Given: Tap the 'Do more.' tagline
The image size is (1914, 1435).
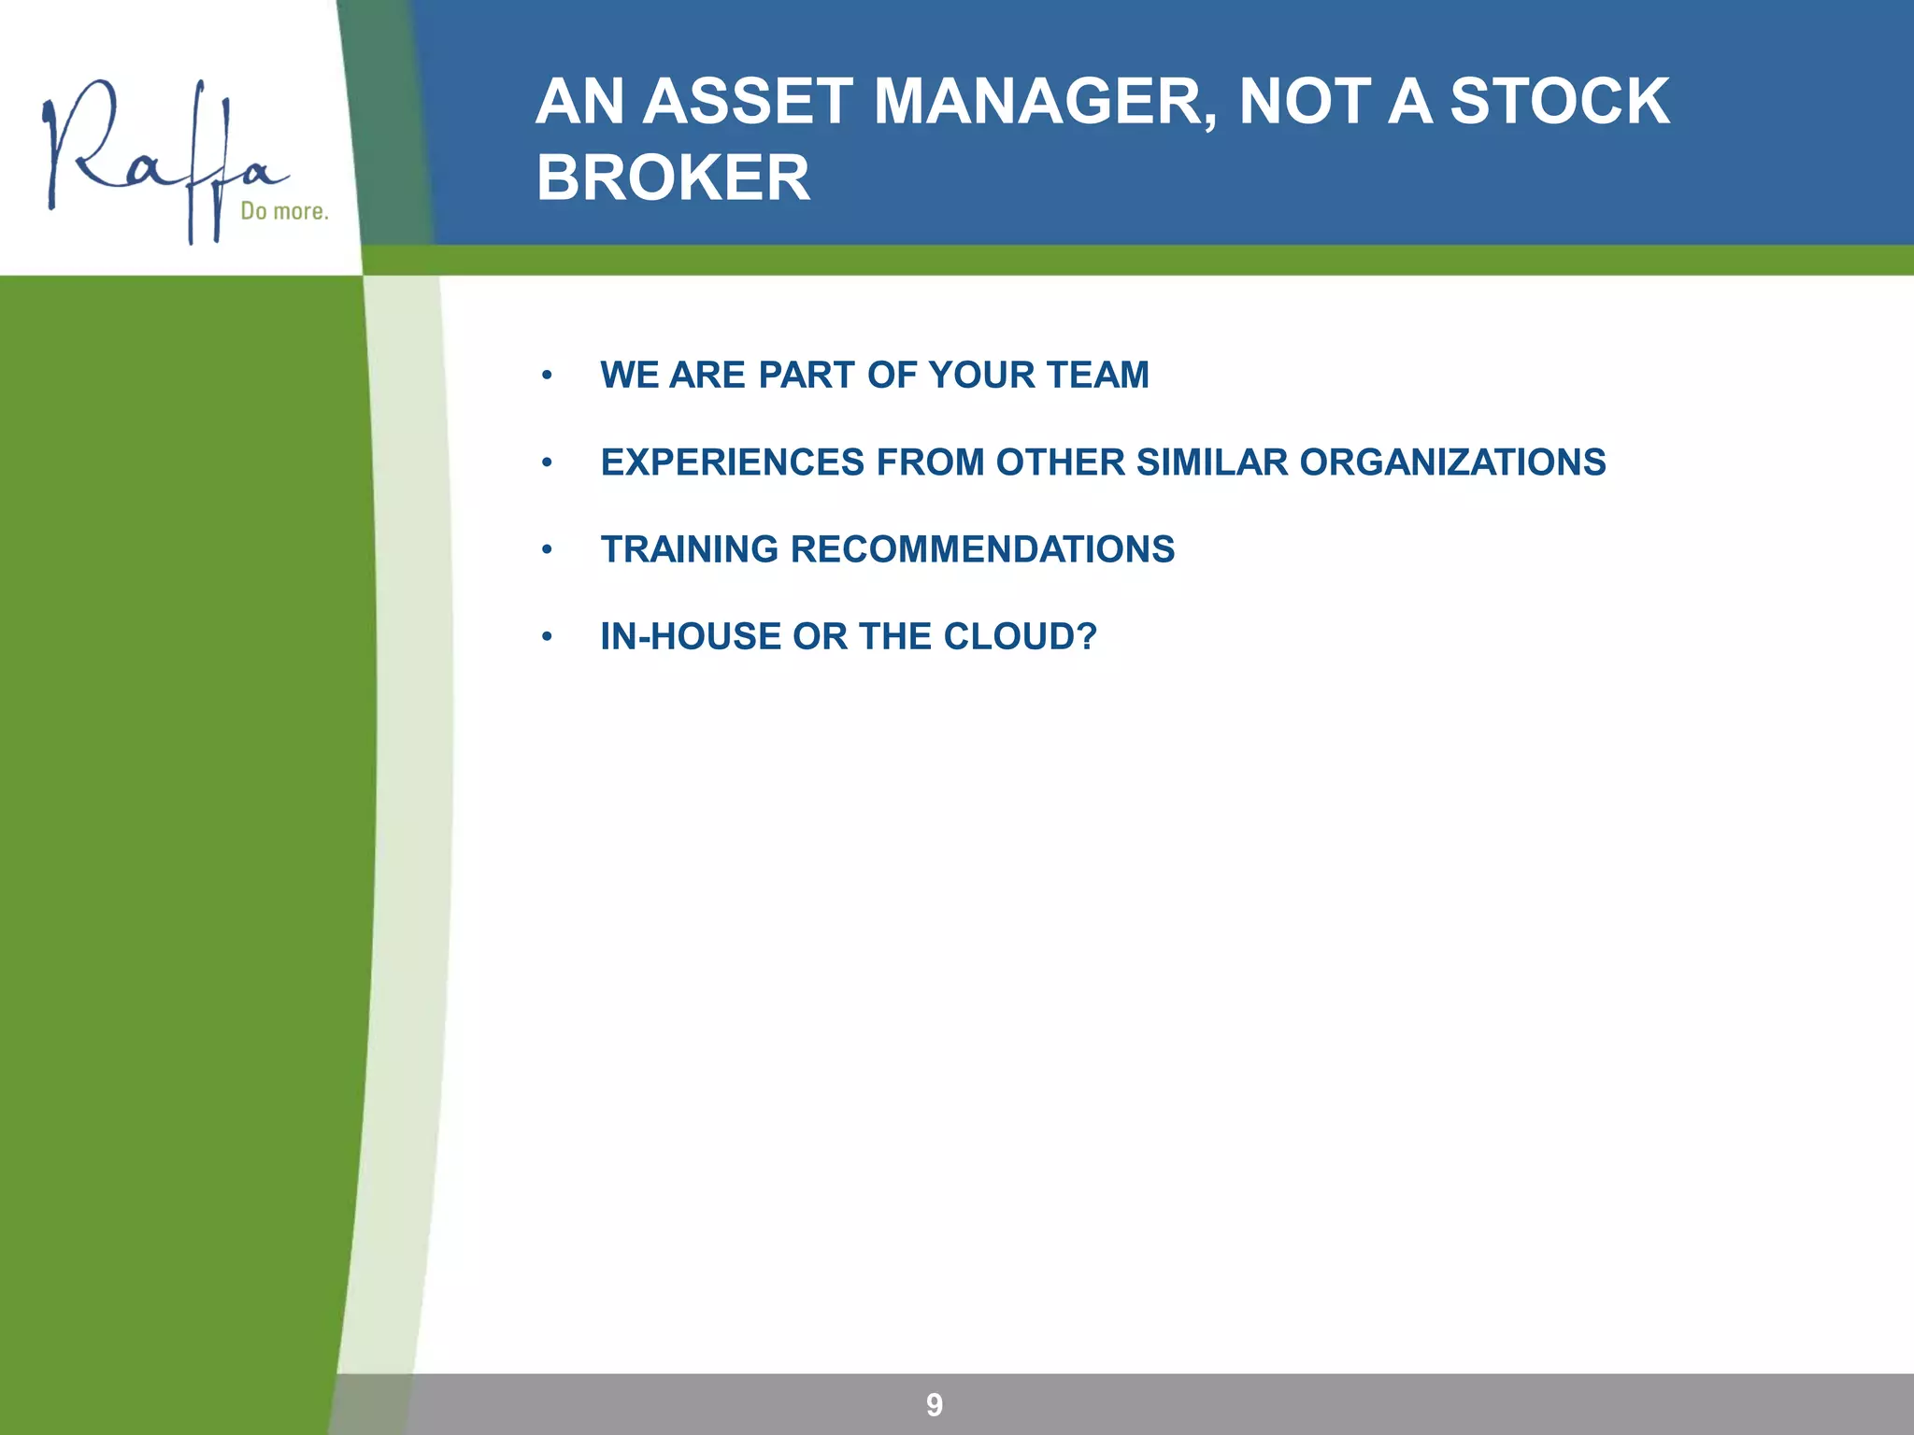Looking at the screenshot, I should click(284, 211).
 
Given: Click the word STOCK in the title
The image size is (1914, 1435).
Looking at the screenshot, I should click(1559, 101).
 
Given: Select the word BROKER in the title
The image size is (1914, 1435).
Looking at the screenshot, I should click(673, 178).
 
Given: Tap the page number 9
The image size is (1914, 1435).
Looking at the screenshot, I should click(934, 1404).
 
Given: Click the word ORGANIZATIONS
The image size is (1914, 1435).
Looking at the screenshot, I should click(1452, 462).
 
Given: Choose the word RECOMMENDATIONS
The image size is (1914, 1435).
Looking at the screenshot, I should click(982, 549).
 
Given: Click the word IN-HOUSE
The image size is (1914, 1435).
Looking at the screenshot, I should click(691, 636).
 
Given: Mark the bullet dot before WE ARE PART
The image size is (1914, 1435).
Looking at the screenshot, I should click(547, 376).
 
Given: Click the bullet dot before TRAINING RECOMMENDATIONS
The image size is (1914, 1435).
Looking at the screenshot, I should click(547, 550).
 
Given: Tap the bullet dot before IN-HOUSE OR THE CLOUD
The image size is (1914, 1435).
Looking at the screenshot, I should click(547, 637).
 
